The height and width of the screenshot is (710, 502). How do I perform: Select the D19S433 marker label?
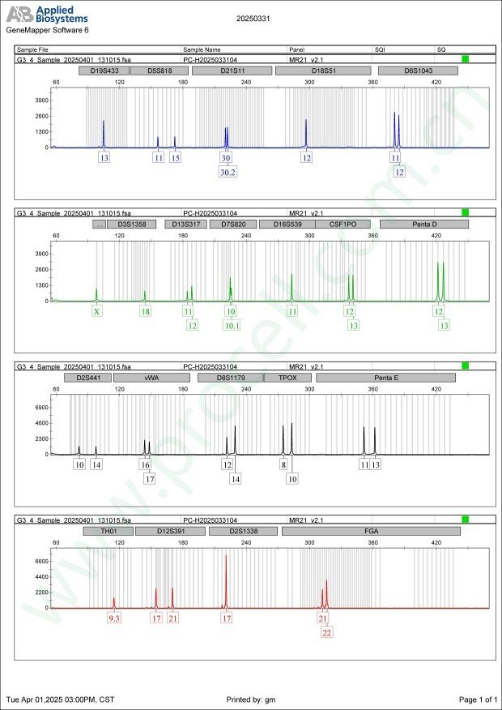click(104, 71)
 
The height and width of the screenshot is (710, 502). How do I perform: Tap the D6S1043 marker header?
click(419, 71)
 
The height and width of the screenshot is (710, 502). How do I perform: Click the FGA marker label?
click(370, 531)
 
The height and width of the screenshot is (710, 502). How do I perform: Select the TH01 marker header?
click(108, 531)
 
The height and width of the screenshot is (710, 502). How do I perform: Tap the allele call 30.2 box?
click(228, 173)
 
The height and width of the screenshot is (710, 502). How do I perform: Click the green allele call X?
click(97, 311)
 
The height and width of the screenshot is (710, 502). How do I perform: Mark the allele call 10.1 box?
click(232, 326)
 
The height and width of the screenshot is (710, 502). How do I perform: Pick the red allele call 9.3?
click(114, 618)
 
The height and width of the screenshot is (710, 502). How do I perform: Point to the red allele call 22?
click(326, 633)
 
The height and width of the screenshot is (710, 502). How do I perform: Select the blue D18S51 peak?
click(306, 131)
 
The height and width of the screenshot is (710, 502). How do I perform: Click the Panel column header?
click(298, 49)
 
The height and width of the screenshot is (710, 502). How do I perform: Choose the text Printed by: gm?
click(251, 699)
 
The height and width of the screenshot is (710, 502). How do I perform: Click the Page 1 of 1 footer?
click(477, 699)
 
